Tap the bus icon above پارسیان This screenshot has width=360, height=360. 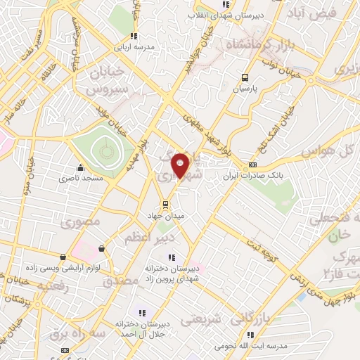tap(245, 78)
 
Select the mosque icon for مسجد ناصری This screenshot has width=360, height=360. tap(82, 168)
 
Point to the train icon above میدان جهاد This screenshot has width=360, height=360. tap(166, 205)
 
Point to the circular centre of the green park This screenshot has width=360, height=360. tap(105, 149)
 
